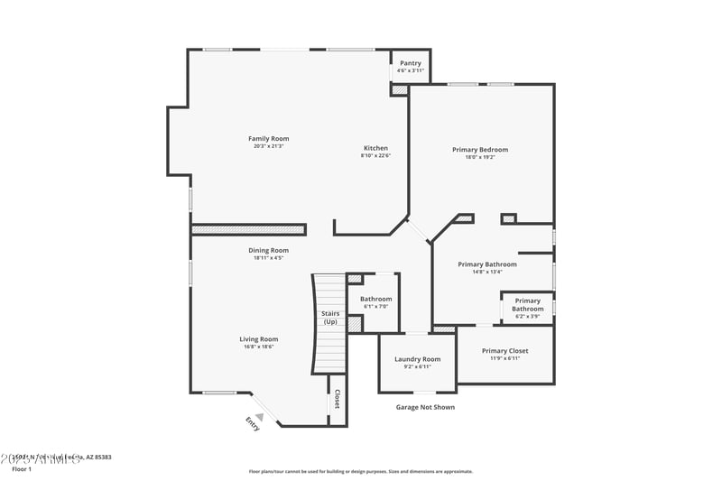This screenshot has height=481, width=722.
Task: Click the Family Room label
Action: click(x=268, y=138)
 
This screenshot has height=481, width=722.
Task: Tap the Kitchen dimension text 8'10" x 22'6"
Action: click(x=375, y=155)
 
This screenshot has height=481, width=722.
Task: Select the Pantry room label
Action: click(x=411, y=63)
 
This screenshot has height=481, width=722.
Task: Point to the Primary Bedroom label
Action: click(x=480, y=149)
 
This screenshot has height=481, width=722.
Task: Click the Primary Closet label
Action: click(x=504, y=351)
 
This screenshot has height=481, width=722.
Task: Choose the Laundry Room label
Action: click(x=417, y=359)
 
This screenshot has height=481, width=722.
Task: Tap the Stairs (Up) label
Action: click(x=330, y=317)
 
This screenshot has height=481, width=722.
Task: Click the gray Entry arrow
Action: click(x=259, y=416)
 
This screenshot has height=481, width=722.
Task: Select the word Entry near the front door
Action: click(x=253, y=424)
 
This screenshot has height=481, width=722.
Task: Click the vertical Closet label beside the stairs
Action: click(x=337, y=399)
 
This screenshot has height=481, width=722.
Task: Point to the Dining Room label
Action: click(x=268, y=250)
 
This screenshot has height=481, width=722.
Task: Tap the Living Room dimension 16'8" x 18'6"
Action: click(x=258, y=347)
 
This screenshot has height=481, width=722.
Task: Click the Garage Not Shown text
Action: click(x=425, y=407)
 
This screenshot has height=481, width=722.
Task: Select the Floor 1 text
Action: click(x=21, y=469)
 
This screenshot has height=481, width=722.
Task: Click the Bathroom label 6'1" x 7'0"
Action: click(x=375, y=299)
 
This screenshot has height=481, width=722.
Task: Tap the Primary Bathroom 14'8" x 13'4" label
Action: click(x=487, y=264)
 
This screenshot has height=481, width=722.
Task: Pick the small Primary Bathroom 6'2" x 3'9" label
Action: click(x=528, y=305)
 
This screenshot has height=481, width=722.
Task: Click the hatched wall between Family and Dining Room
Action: click(x=251, y=230)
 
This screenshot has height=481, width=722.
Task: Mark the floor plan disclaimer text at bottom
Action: click(x=360, y=471)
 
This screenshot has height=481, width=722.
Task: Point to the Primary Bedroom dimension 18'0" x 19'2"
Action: click(x=480, y=157)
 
